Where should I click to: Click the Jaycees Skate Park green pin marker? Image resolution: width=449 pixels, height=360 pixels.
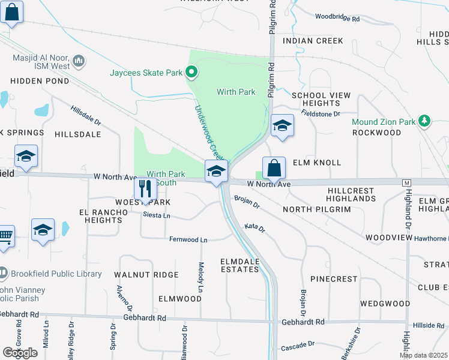click(191, 73)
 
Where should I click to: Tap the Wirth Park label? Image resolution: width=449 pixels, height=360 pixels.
click(236, 92)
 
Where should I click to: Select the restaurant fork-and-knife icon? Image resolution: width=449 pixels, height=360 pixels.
click(145, 189)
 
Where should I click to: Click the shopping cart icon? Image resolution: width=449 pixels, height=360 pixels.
click(5, 236)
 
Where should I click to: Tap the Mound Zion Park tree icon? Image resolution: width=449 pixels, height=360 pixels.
click(425, 122)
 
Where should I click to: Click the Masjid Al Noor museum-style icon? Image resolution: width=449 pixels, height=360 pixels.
click(78, 60)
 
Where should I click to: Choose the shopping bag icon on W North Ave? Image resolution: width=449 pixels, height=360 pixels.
click(274, 167)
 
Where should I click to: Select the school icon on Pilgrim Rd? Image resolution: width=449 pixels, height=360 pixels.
click(282, 125)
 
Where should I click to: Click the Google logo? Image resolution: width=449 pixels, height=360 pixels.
click(20, 353)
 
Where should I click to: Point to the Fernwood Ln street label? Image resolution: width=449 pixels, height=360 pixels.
click(188, 240)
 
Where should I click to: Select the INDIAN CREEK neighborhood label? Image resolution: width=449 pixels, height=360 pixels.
click(313, 41)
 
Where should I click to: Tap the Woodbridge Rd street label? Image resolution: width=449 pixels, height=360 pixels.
click(337, 19)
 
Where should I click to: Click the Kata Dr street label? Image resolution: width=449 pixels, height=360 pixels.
click(255, 227)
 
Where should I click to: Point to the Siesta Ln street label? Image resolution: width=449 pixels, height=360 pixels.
click(157, 215)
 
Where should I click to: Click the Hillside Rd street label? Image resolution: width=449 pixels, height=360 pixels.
click(429, 325)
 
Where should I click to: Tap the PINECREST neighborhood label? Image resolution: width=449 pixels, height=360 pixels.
click(334, 280)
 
